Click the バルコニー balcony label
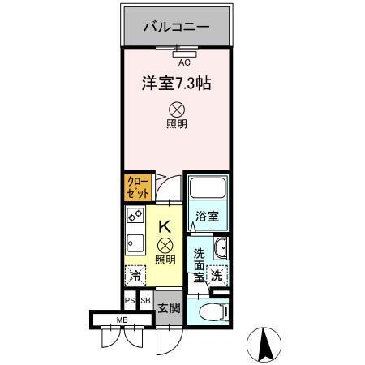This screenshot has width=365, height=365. (x=176, y=27)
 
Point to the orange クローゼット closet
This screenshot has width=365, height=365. (x=137, y=188)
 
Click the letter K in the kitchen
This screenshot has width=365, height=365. (x=164, y=227)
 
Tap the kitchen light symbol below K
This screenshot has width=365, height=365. (x=165, y=244)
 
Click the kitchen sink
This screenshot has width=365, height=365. (x=134, y=243)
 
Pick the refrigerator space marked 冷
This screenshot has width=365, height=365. (x=135, y=276)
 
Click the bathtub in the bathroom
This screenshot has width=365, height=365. (x=207, y=191)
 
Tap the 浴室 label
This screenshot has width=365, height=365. (x=207, y=217)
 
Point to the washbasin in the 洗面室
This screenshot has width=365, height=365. (x=221, y=248)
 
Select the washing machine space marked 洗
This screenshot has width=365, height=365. (x=217, y=276)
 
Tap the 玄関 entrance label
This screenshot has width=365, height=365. (x=168, y=308)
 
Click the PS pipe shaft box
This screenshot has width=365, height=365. (x=130, y=301)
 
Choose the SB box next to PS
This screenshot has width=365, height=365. (x=145, y=301)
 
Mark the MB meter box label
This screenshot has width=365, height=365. (x=122, y=319)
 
